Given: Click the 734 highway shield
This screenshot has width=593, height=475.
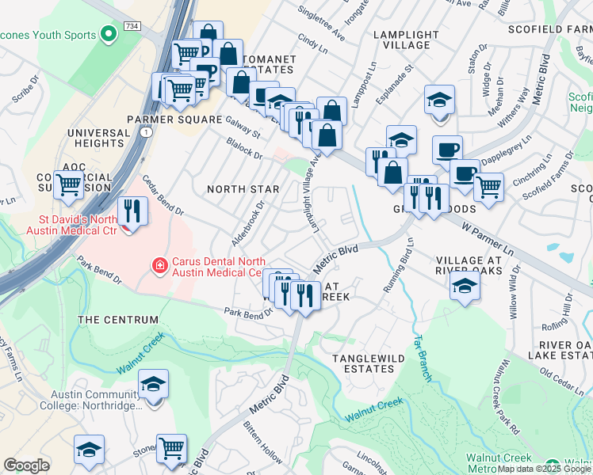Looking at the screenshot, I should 133,26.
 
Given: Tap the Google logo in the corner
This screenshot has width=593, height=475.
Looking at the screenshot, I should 26,465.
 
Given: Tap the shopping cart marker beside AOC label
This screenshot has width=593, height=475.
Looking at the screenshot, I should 69,185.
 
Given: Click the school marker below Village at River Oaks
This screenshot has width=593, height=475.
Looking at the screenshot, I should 465,287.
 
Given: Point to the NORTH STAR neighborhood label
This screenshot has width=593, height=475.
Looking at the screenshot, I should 243,189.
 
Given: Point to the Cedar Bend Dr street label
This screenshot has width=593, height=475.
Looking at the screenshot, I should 163,196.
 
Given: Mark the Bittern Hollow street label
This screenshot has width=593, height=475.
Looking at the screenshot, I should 262,449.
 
